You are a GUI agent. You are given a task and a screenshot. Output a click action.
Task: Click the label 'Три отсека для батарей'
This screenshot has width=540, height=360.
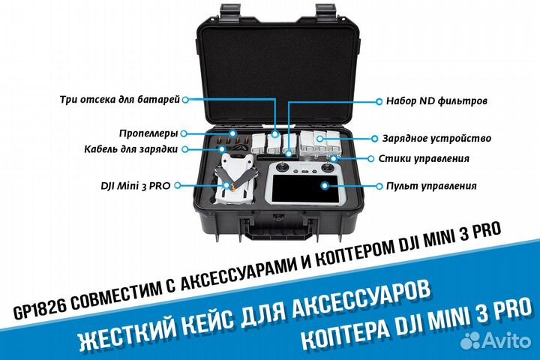click(122, 98)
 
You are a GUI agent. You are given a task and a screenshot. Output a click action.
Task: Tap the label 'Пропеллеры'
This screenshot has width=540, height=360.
click(148, 133)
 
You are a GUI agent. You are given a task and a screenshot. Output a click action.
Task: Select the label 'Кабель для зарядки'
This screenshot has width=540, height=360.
click(131, 148)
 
